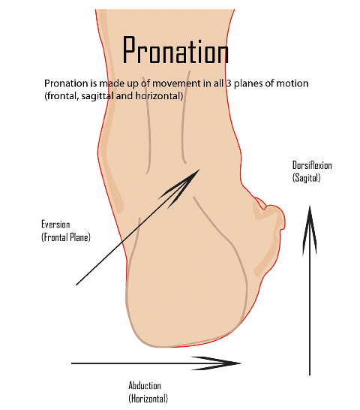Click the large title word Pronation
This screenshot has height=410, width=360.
pyautogui.click(x=175, y=50)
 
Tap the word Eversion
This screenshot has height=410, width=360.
pyautogui.click(x=55, y=225)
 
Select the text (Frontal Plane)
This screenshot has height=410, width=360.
pyautogui.click(x=66, y=237)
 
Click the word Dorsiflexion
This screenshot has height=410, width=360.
pyautogui.click(x=312, y=165)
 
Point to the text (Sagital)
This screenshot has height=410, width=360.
pyautogui.click(x=306, y=178)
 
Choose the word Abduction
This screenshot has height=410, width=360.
pyautogui.click(x=145, y=385)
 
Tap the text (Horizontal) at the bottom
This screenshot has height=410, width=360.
pyautogui.click(x=148, y=399)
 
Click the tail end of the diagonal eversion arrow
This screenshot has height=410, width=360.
pyautogui.click(x=76, y=285)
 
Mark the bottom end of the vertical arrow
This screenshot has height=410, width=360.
pyautogui.click(x=310, y=375)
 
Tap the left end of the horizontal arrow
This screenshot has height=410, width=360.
pyautogui.click(x=71, y=363)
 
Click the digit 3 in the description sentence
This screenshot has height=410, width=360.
pyautogui.click(x=228, y=83)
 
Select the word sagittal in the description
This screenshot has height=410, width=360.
pyautogui.click(x=97, y=96)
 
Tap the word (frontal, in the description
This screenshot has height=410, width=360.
pyautogui.click(x=61, y=96)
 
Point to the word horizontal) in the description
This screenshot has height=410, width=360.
pyautogui.click(x=159, y=96)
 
